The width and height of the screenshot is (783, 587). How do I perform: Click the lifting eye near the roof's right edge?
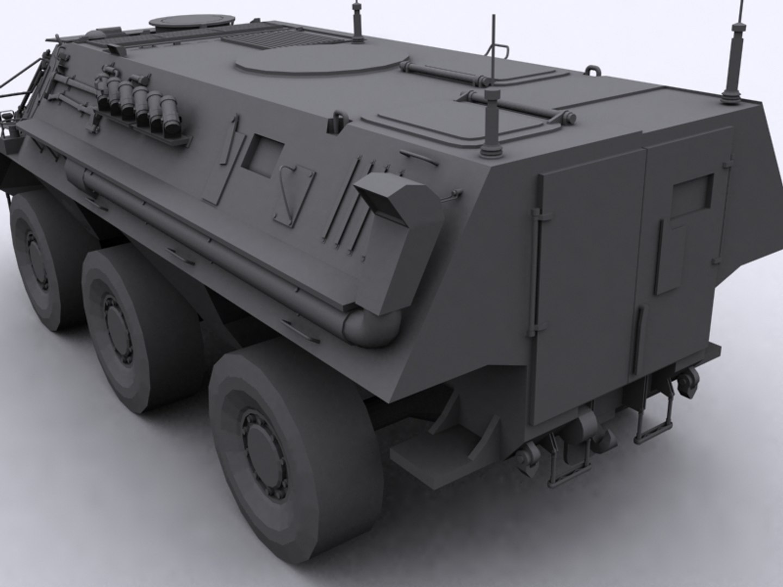coord(592,72)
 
